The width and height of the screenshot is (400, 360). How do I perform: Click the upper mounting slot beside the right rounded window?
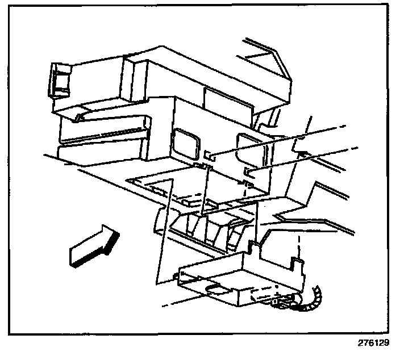coord(209,154)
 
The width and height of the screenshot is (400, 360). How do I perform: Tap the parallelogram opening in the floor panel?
coord(162,187)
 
